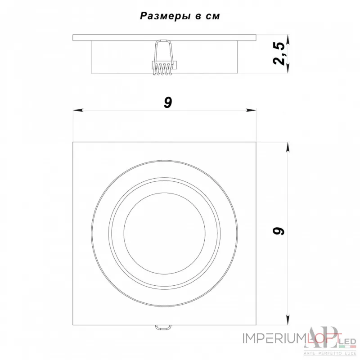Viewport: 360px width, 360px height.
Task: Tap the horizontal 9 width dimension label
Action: (167, 103)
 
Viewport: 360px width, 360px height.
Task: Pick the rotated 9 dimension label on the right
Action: (280, 231)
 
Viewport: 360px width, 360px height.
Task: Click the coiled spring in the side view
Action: (163, 69)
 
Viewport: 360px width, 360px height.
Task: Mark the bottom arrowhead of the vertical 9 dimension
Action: (288, 320)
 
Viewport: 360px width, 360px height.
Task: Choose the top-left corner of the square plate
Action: (73, 143)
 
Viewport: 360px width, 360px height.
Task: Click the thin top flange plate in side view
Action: (164, 37)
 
